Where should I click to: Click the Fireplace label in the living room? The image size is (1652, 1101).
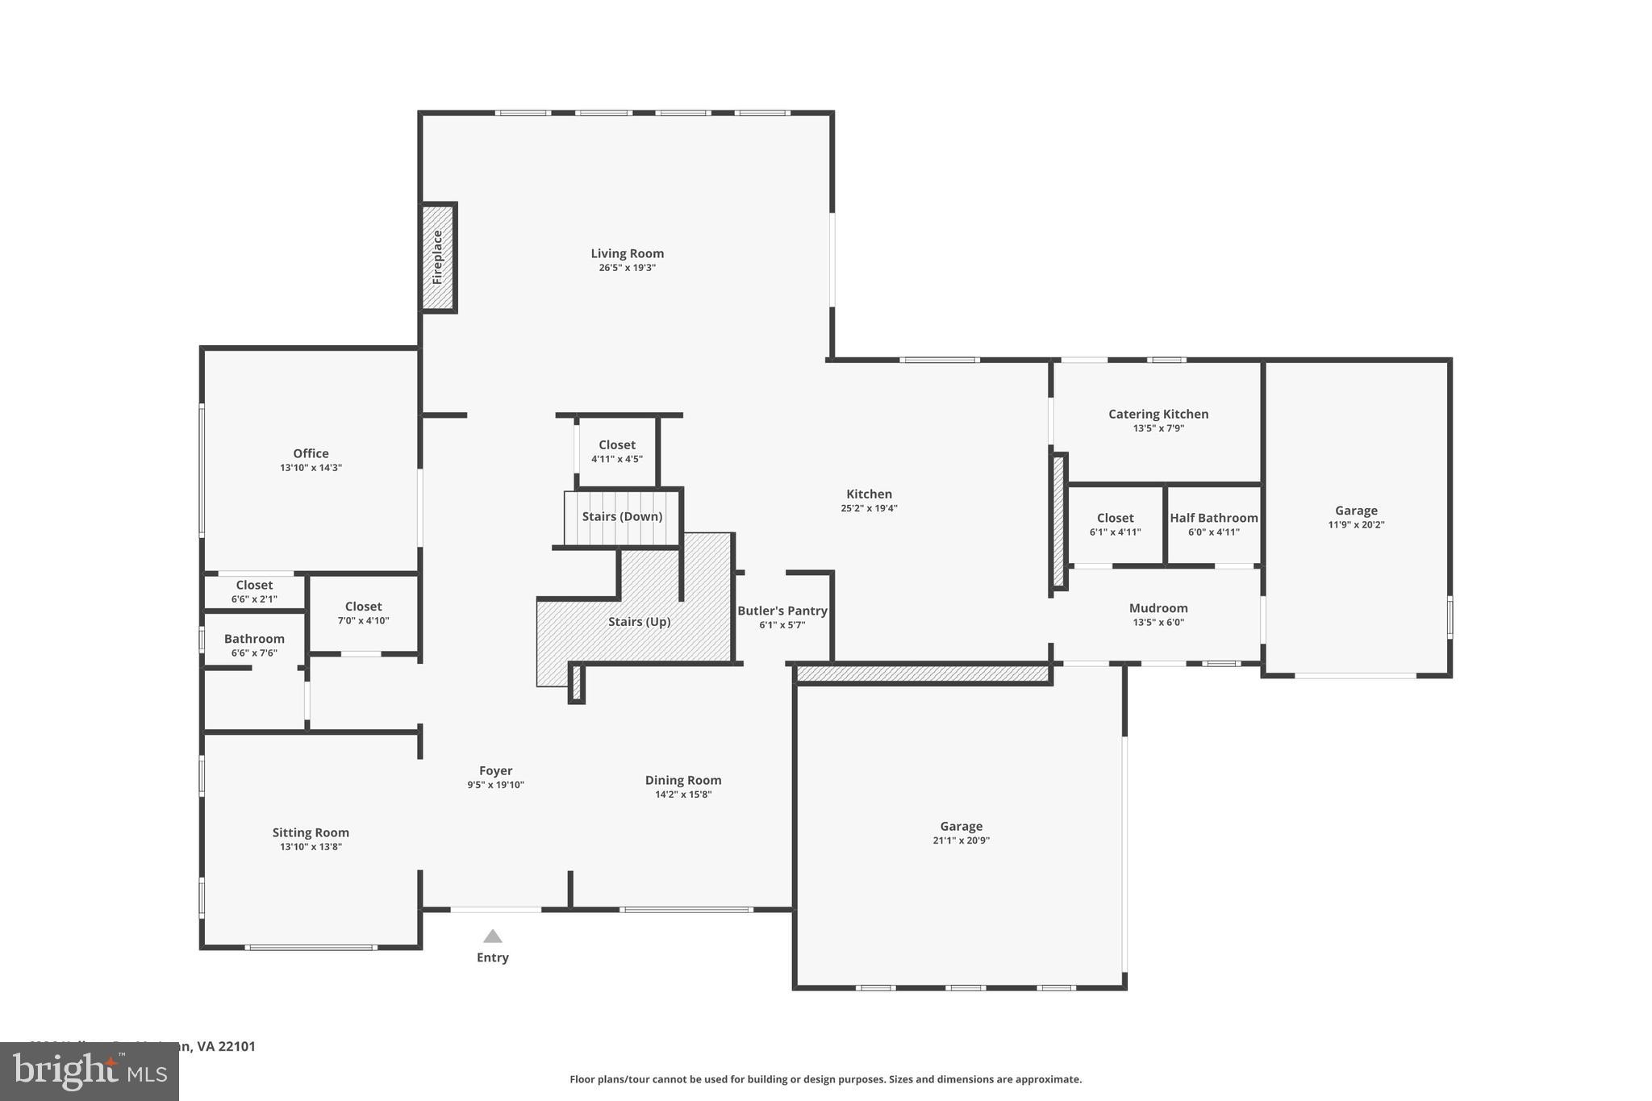click(x=437, y=257)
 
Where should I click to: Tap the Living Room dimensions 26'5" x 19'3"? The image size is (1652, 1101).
click(x=627, y=268)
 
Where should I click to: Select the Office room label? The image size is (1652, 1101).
click(x=311, y=453)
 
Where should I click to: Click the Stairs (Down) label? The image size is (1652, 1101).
click(x=622, y=516)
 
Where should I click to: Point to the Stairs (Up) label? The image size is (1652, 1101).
click(x=639, y=621)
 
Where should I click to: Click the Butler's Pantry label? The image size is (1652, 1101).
click(x=782, y=611)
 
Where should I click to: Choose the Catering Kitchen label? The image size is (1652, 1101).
click(x=1158, y=414)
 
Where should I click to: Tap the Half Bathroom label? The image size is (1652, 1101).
click(x=1213, y=518)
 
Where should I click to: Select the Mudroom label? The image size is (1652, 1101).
click(x=1158, y=608)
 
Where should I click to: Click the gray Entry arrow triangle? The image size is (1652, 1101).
click(x=492, y=936)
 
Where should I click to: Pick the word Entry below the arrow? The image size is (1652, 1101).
click(x=492, y=957)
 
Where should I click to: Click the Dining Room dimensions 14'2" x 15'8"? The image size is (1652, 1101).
click(x=682, y=794)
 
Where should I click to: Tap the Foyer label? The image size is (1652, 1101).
click(x=495, y=770)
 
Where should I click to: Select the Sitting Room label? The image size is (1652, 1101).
click(x=311, y=832)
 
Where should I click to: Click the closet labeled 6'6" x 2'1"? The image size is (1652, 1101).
click(x=254, y=591)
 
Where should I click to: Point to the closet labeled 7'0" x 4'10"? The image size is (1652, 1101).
click(x=363, y=613)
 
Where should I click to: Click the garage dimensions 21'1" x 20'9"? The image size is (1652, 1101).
click(x=961, y=840)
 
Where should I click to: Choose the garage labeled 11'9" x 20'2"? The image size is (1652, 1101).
click(x=1355, y=516)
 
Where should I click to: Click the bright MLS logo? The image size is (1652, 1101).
click(x=89, y=1072)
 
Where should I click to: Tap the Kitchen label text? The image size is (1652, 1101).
click(x=869, y=494)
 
